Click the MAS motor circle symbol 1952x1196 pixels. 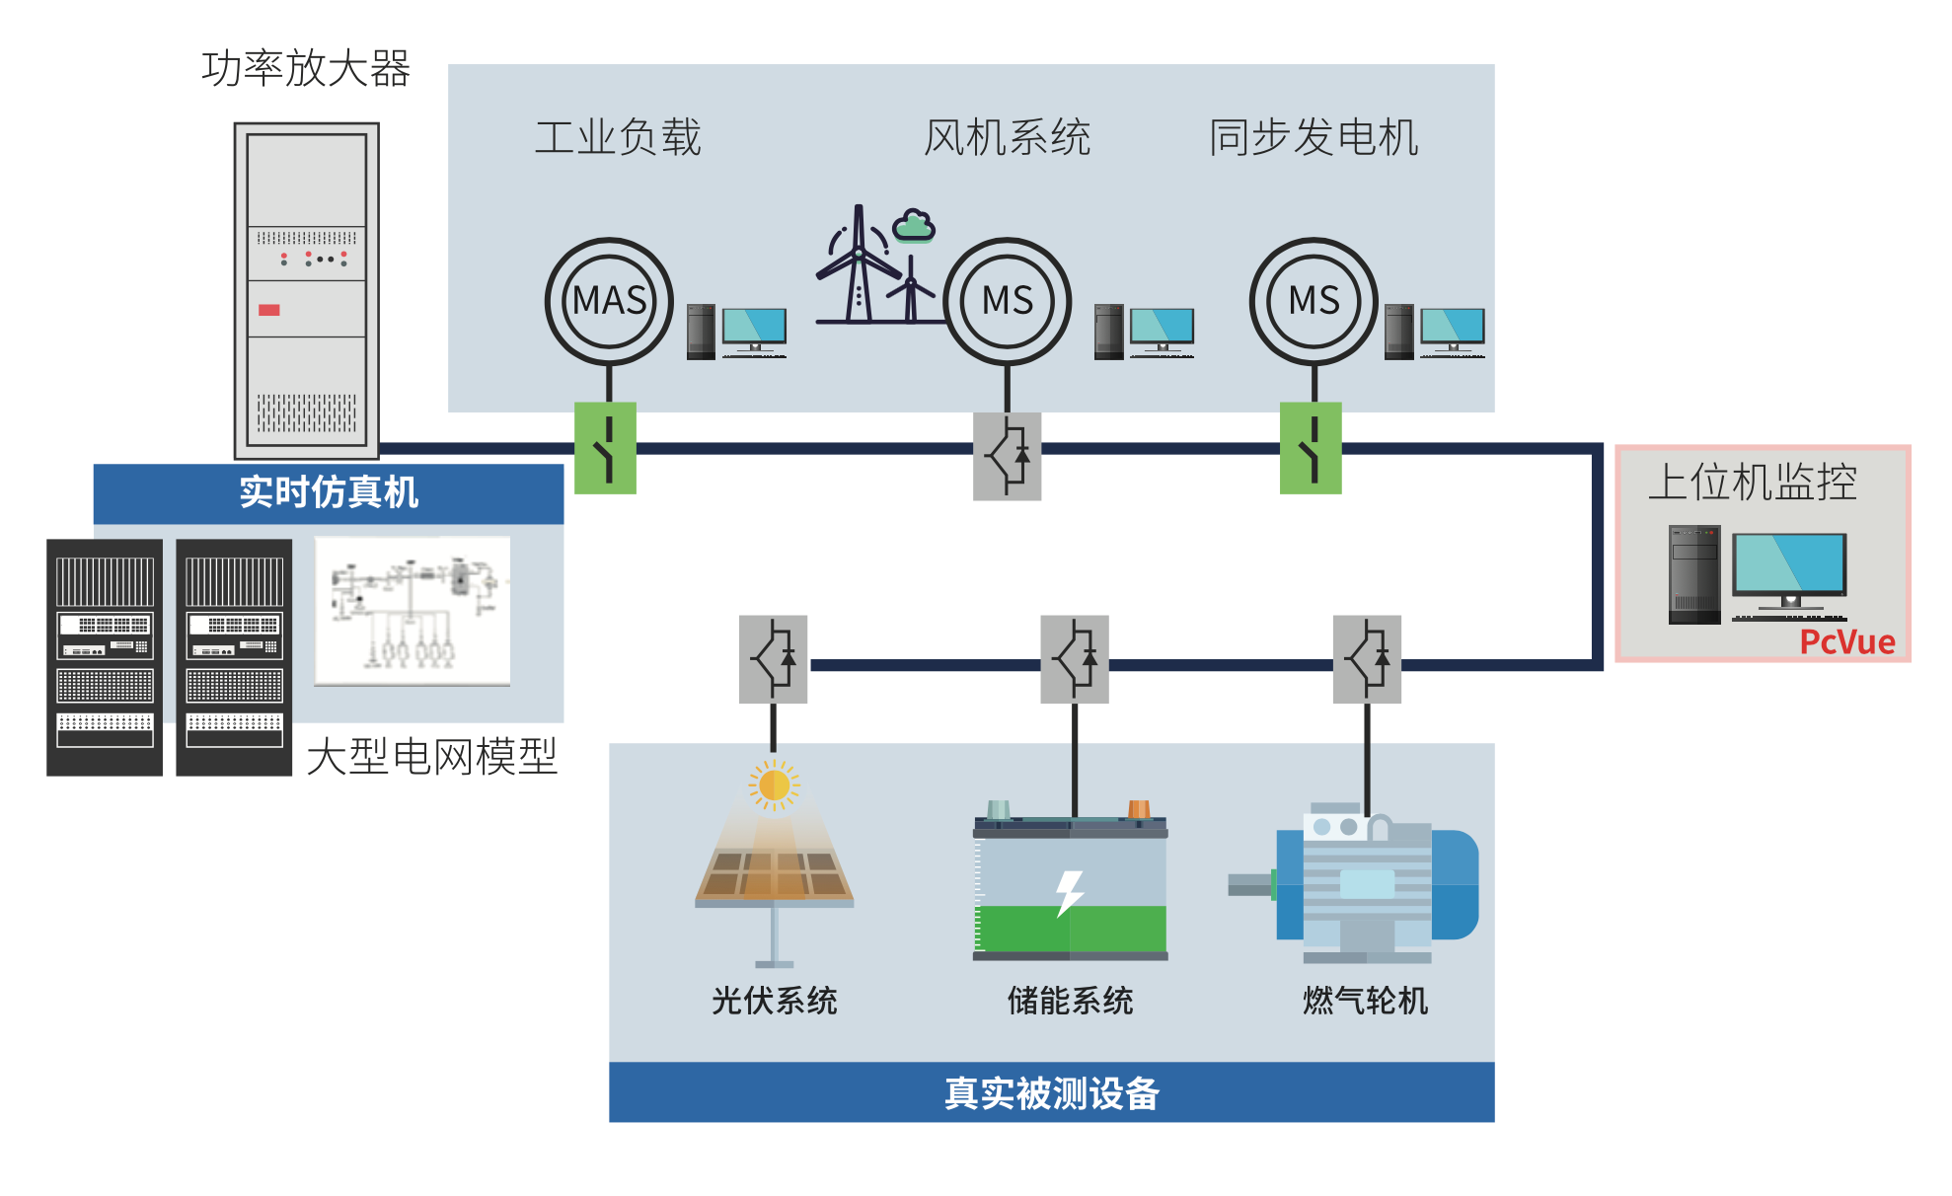click(609, 301)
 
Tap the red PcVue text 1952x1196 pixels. click(1846, 642)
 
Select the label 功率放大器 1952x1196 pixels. click(306, 69)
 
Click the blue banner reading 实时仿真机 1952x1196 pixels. click(329, 492)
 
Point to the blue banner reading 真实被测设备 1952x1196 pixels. click(1051, 1092)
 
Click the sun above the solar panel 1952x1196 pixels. click(775, 785)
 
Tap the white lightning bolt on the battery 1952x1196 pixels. click(1069, 892)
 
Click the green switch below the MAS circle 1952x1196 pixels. click(606, 448)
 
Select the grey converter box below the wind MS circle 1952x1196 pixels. click(1007, 456)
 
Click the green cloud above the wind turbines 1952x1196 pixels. click(914, 226)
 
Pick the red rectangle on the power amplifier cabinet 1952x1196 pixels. click(269, 310)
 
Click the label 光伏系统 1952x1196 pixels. click(775, 1001)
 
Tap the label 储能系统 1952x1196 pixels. click(1070, 1001)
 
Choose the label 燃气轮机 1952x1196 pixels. click(1365, 1001)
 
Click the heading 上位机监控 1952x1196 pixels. click(1753, 483)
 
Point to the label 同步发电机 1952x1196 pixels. click(1314, 137)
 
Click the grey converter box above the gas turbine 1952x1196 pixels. click(1367, 659)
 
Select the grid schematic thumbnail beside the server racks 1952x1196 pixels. click(413, 610)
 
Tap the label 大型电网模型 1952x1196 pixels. click(432, 757)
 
